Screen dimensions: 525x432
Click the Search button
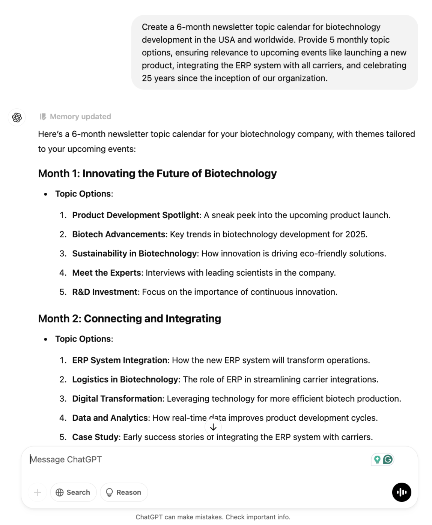tap(73, 492)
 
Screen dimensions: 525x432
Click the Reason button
tap(124, 492)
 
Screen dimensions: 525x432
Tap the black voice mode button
tap(402, 492)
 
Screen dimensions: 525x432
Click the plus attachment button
tap(38, 492)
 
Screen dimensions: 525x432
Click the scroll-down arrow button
tap(213, 427)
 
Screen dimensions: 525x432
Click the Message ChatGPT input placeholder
tap(66, 459)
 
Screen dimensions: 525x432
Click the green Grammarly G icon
tap(388, 459)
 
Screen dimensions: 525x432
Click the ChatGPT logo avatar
tap(17, 118)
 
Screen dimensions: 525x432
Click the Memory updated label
tap(80, 117)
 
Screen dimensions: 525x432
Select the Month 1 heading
tap(157, 174)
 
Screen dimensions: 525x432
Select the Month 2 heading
tap(129, 319)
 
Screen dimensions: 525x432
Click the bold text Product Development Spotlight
tap(135, 215)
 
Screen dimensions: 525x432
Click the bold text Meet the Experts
tap(107, 273)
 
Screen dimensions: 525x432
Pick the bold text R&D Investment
tap(105, 292)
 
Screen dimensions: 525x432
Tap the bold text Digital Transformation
tap(117, 399)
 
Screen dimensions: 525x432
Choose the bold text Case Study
tap(95, 437)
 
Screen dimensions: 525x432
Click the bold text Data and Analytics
tap(110, 418)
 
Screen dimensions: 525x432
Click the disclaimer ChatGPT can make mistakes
tap(213, 517)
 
